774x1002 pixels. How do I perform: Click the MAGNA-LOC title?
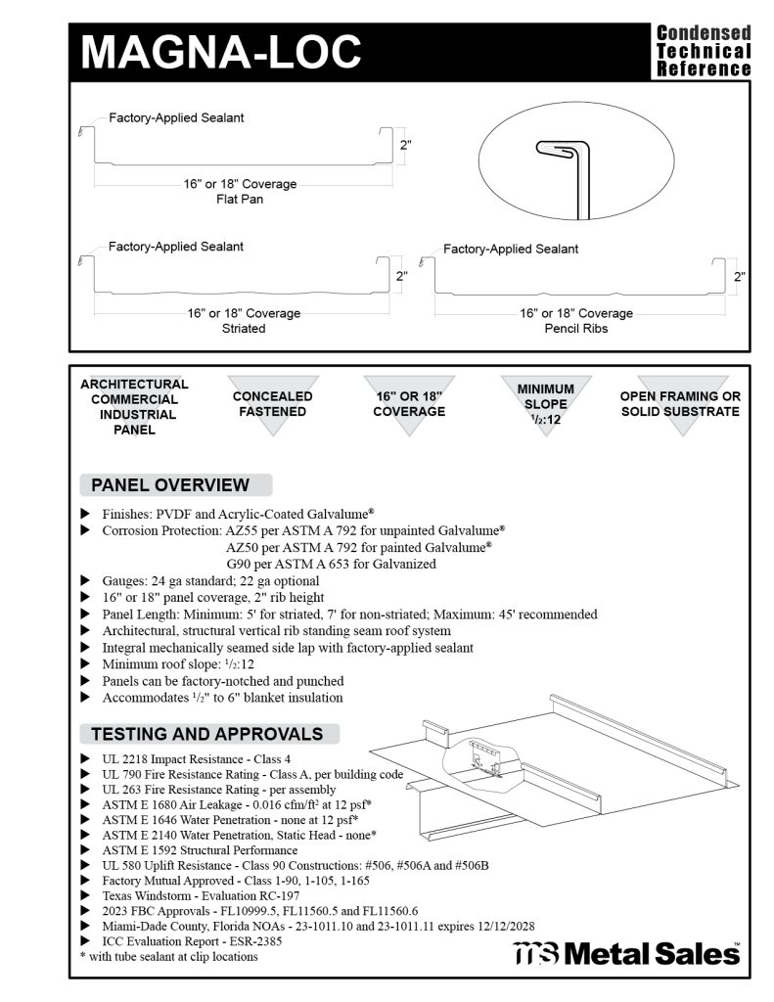pos(220,51)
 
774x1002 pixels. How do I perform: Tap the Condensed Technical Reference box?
pos(703,51)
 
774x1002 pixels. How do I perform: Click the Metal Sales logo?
pos(626,952)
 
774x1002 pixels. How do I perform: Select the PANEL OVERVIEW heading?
pos(170,485)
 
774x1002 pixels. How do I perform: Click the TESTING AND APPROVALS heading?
pos(206,734)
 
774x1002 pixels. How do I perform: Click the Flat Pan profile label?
pos(240,200)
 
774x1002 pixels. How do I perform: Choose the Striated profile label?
pos(244,329)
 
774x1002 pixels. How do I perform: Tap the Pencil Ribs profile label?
pos(576,329)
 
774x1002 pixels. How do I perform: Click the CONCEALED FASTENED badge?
pos(272,403)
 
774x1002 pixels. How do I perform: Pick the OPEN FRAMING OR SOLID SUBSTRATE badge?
pos(680,403)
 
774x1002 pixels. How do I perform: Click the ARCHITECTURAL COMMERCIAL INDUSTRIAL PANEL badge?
pos(134,406)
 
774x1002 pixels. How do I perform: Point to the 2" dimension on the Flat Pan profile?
pos(405,145)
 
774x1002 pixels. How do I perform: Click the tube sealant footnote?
pos(168,956)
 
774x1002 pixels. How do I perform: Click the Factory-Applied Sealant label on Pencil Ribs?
pos(510,250)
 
